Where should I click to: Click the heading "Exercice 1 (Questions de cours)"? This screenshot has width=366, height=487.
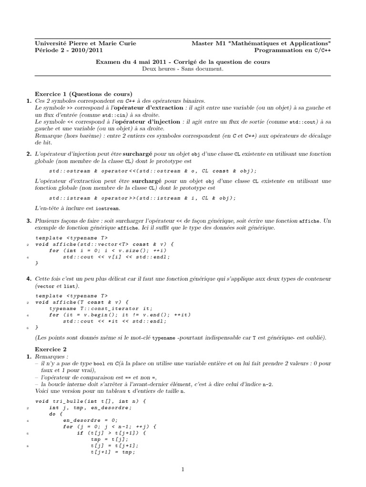coord(84,94)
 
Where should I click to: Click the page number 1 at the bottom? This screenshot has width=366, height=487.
coord(183,469)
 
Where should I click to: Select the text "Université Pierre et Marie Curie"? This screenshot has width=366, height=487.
coord(85,43)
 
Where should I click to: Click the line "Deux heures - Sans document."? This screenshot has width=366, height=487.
coord(183,68)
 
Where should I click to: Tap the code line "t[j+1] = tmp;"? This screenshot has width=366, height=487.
coord(112,452)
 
